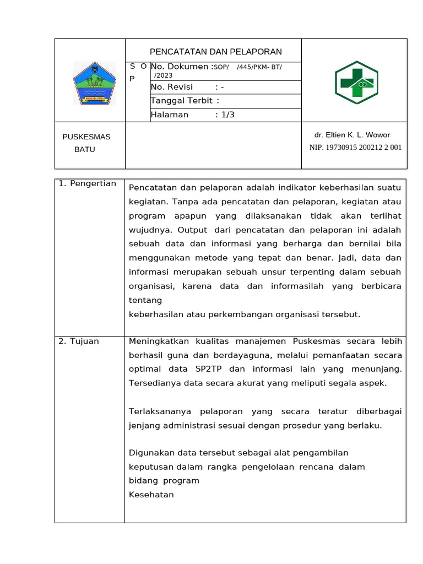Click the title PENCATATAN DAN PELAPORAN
click(x=215, y=52)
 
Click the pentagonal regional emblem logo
click(x=94, y=83)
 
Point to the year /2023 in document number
click(x=163, y=75)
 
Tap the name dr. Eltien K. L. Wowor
click(x=352, y=135)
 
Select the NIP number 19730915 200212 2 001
click(x=355, y=148)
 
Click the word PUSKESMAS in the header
click(x=86, y=137)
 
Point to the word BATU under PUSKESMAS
click(x=85, y=149)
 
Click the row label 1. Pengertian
click(x=87, y=183)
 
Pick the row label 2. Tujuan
click(x=79, y=341)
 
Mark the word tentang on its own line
click(x=145, y=301)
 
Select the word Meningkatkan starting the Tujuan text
click(x=155, y=341)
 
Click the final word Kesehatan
click(x=151, y=495)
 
